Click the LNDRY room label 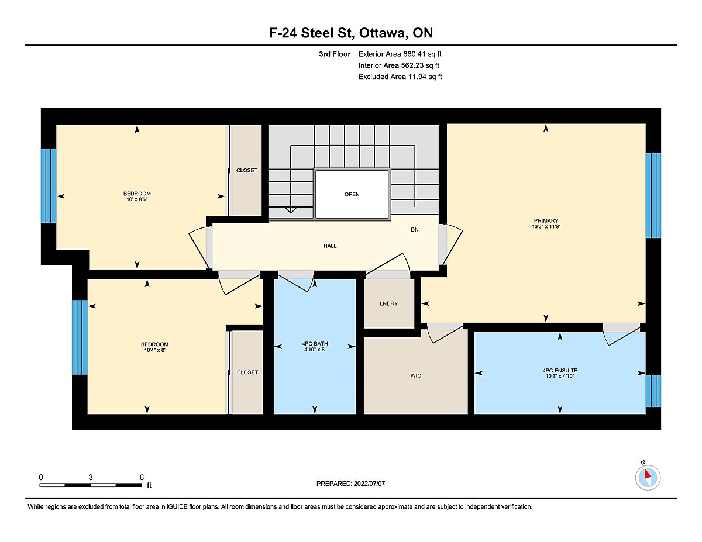pos(388,303)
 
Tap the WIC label pos(416,375)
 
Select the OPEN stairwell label pos(352,194)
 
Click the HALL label pos(330,246)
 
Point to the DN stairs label pos(415,230)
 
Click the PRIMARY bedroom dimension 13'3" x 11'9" pos(546,226)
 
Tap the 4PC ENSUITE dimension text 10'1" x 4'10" pos(560,376)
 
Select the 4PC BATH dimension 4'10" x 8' pos(315,349)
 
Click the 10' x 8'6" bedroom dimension pos(137,199)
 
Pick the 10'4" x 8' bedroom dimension pos(155,350)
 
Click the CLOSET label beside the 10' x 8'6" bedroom pos(247,170)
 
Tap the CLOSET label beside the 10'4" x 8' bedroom pos(247,372)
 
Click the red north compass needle pos(647,474)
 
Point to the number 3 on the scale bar pos(91,477)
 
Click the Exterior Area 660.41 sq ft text pos(400,54)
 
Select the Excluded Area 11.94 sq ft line pos(400,77)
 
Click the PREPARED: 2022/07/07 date pos(350,484)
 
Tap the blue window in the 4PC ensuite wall pos(653,391)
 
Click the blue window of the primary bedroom pos(653,196)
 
